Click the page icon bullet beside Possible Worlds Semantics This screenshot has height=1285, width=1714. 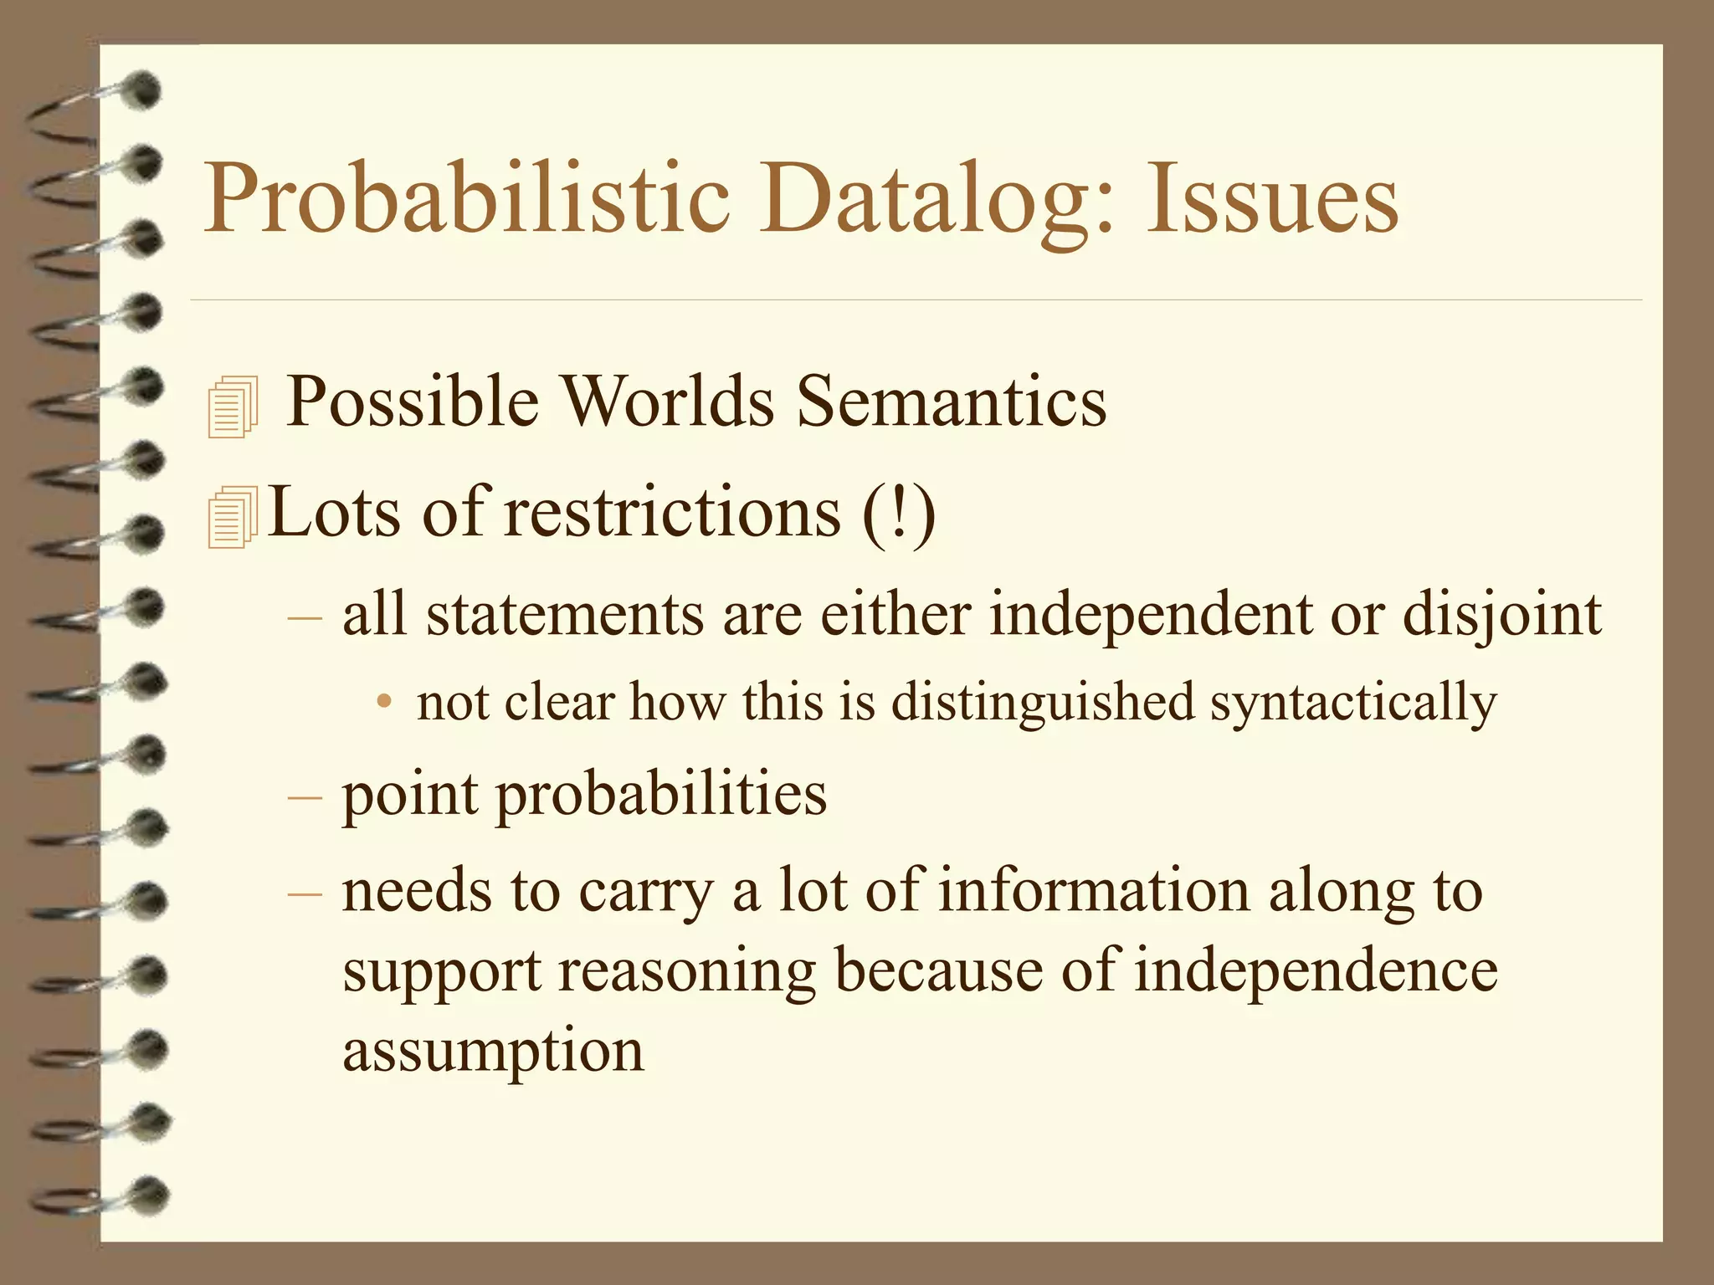[232, 407]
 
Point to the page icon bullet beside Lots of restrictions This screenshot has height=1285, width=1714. [232, 518]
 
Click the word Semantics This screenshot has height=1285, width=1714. [951, 402]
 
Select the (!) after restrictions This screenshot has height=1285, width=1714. [899, 512]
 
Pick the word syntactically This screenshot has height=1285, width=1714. [1352, 703]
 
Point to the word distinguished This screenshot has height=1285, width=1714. [1042, 703]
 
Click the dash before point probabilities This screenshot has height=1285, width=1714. [304, 796]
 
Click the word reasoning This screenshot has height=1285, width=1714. [686, 972]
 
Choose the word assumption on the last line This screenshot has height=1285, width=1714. [493, 1052]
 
